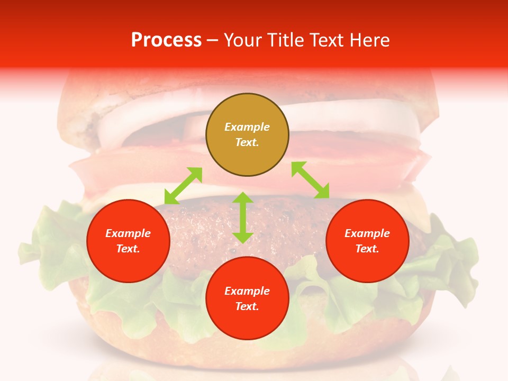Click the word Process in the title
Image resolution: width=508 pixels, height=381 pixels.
166,40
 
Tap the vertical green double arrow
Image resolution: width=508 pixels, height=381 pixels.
243,217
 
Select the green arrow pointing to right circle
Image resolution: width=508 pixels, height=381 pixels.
311,180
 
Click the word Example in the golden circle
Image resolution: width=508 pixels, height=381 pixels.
247,127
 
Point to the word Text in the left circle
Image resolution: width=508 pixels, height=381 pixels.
128,249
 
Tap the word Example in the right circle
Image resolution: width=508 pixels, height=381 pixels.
367,233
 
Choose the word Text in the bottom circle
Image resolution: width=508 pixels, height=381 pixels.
247,306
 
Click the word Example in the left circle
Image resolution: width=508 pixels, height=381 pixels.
128,233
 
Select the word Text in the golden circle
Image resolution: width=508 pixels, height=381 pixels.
247,142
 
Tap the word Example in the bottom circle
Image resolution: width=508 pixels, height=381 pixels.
247,291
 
